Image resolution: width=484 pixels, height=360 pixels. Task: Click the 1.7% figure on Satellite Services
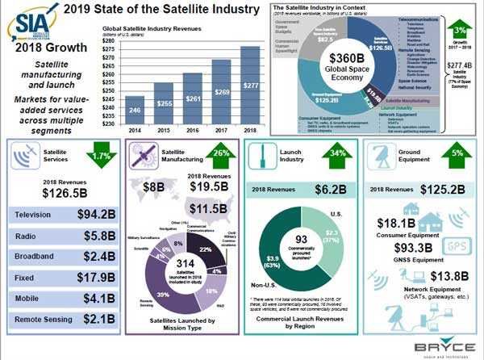point(100,154)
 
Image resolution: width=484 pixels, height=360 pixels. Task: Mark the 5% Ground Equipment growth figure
point(457,154)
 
